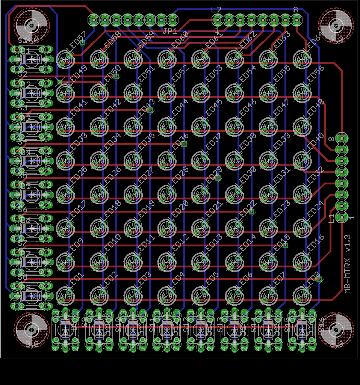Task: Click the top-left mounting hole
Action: (x=32, y=26)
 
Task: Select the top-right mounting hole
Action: (x=336, y=26)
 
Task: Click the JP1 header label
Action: (x=170, y=31)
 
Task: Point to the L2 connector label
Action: (x=216, y=10)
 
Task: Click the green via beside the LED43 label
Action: (x=150, y=110)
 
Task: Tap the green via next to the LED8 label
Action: (x=319, y=279)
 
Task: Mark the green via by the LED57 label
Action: (x=83, y=43)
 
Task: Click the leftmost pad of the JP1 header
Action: (x=94, y=19)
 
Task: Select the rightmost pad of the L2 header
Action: (x=297, y=20)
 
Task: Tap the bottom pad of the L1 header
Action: (x=342, y=217)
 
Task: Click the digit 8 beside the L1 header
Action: (x=331, y=139)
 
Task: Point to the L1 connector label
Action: (x=331, y=217)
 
